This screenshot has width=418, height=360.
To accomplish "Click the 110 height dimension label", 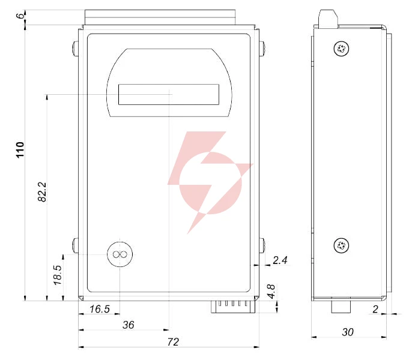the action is [x=20, y=150].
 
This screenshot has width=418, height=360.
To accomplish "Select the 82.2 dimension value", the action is [x=42, y=192].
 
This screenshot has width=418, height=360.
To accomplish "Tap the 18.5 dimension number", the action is [x=58, y=275].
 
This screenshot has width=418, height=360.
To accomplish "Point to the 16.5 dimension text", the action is [x=100, y=309].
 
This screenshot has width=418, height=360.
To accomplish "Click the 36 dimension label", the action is [x=129, y=325].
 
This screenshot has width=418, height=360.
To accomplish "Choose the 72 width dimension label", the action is [x=173, y=342].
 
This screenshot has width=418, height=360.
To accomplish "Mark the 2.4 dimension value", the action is [x=280, y=260].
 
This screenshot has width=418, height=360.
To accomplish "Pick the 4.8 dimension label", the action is [x=271, y=291].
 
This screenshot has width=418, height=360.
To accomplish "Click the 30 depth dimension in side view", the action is [x=348, y=332].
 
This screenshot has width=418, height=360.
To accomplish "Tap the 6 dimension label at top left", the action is [x=20, y=16].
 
